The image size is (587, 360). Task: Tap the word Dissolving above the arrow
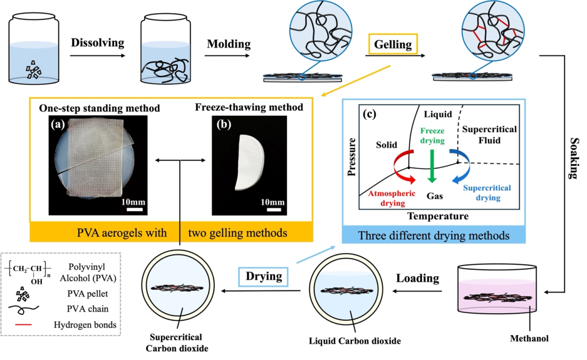click(x=98, y=42)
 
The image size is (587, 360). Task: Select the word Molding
click(x=228, y=42)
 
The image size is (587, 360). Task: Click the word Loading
click(x=417, y=278)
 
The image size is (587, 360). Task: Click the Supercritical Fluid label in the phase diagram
click(x=488, y=136)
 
